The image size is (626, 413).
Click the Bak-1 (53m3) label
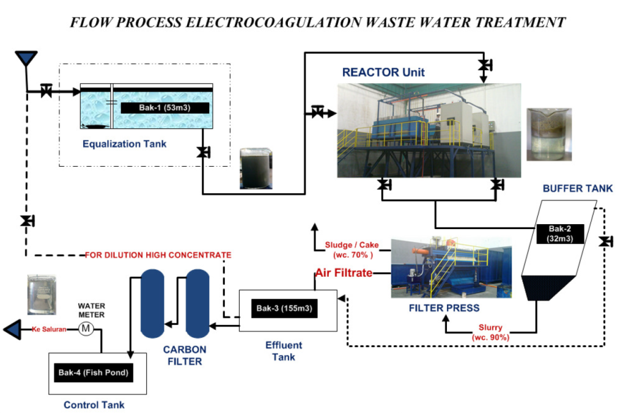pos(165,108)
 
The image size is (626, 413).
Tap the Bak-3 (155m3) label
pos(284,308)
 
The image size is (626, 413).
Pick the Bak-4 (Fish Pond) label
pos(94,371)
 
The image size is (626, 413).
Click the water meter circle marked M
pos(86,329)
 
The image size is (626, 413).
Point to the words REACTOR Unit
pos(383,72)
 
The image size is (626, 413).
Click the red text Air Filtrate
pos(344,272)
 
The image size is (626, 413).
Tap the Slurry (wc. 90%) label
pos(490,332)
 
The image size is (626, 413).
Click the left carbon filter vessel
pos(151,303)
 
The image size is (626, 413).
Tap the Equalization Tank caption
pos(125,144)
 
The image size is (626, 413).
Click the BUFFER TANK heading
pos(578,189)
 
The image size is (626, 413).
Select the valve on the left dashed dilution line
pos(26,221)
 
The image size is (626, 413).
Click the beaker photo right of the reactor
pos(548,134)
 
